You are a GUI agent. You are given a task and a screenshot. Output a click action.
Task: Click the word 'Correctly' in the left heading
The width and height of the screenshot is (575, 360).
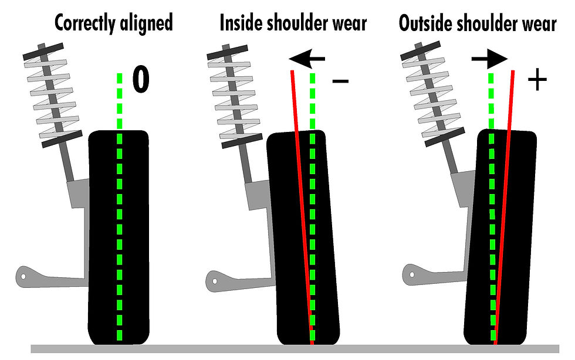pyautogui.click(x=84, y=23)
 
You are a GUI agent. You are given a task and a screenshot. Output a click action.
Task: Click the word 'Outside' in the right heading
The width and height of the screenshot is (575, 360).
pyautogui.click(x=425, y=23)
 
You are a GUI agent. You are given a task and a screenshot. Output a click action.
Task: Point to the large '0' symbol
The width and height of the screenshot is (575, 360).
pyautogui.click(x=141, y=79)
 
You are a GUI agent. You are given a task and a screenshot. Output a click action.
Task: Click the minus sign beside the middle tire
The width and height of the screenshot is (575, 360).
pyautogui.click(x=340, y=81)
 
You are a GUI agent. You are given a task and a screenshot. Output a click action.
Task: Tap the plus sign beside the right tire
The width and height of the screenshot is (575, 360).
pyautogui.click(x=537, y=79)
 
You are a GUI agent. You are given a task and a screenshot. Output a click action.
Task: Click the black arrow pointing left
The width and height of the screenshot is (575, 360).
pyautogui.click(x=306, y=59)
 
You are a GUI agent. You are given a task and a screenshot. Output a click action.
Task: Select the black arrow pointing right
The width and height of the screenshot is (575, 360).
pyautogui.click(x=490, y=59)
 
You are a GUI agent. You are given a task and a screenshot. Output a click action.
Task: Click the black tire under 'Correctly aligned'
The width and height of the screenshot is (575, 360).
pyautogui.click(x=119, y=237)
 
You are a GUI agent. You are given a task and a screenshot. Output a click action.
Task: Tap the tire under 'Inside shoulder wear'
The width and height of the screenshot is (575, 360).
pyautogui.click(x=303, y=237)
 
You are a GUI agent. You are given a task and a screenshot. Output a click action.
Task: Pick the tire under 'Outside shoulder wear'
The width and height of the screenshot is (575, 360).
pyautogui.click(x=500, y=237)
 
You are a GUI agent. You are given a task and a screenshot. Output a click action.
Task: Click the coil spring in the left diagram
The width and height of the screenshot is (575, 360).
pyautogui.click(x=52, y=96)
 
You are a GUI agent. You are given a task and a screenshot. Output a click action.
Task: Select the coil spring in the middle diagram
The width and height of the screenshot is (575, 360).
pyautogui.click(x=235, y=97)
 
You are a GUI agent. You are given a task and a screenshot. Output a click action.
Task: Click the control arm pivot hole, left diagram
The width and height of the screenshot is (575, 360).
pyautogui.click(x=23, y=276)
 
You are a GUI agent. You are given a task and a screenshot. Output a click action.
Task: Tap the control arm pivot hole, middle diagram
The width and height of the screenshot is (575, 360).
pyautogui.click(x=215, y=281)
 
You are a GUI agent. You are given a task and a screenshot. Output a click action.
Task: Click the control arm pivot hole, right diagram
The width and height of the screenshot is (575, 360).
pyautogui.click(x=412, y=274)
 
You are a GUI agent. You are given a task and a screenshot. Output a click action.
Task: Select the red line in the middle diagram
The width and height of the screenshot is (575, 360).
pyautogui.click(x=302, y=208)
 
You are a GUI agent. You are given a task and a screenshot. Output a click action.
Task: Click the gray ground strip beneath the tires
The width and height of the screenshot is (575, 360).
pyautogui.click(x=295, y=349)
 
